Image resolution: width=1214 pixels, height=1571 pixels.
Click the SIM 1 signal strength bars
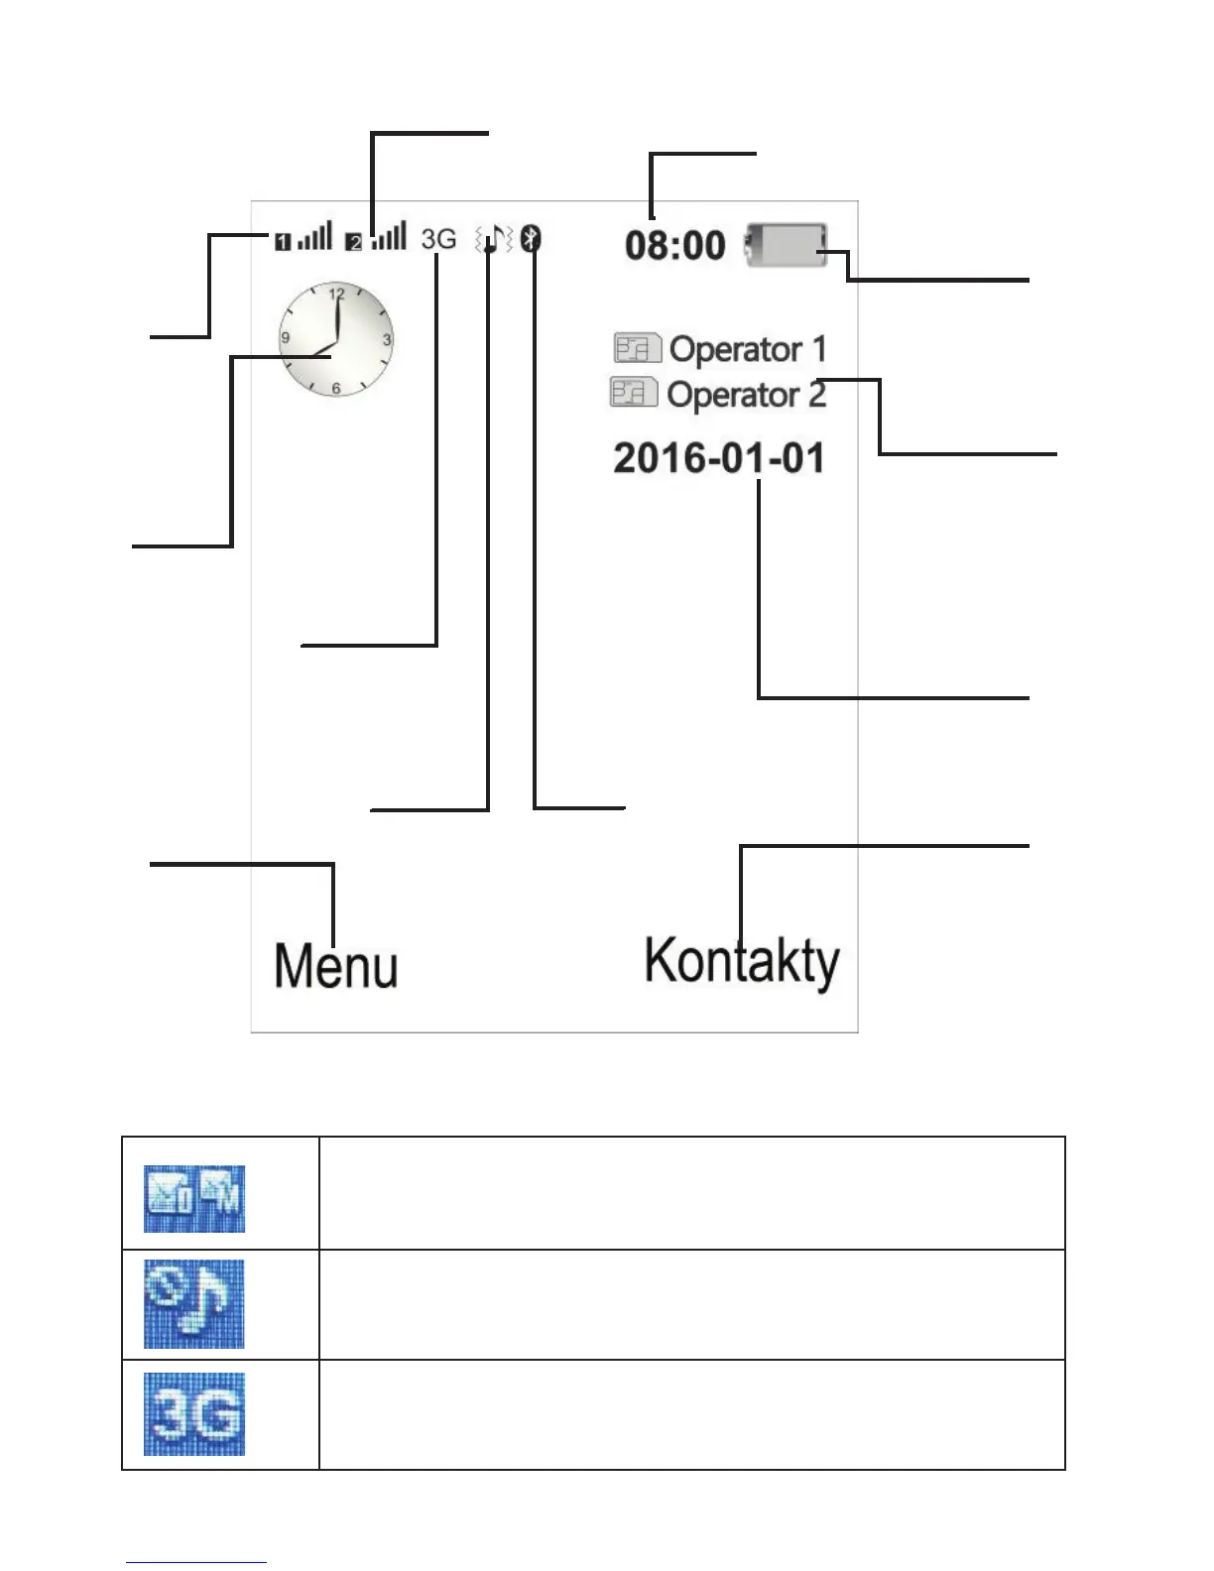pyautogui.click(x=314, y=238)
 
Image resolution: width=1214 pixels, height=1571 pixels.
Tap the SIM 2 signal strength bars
pyautogui.click(x=389, y=238)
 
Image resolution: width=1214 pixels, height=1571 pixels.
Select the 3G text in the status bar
pyautogui.click(x=438, y=239)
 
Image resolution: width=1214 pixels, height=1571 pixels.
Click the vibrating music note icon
pyautogui.click(x=493, y=239)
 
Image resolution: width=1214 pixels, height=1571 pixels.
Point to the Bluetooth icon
pyautogui.click(x=533, y=238)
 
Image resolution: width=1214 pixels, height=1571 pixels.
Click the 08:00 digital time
pyautogui.click(x=674, y=245)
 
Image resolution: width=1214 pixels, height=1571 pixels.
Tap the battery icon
pyautogui.click(x=787, y=245)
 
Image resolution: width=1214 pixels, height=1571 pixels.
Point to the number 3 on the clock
pyautogui.click(x=387, y=339)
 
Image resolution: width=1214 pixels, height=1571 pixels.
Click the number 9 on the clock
pyautogui.click(x=286, y=338)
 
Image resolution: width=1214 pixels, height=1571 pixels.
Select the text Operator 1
pyautogui.click(x=747, y=349)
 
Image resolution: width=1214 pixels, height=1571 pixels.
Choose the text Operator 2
pyautogui.click(x=746, y=395)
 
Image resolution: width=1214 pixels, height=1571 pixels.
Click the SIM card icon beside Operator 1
pyautogui.click(x=637, y=349)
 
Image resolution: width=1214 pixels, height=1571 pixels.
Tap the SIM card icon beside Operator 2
pyautogui.click(x=634, y=393)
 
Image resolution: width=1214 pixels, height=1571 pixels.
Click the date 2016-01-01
pyautogui.click(x=719, y=458)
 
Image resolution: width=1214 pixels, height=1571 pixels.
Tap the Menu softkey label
pyautogui.click(x=335, y=966)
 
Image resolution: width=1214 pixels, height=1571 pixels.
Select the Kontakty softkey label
pyautogui.click(x=742, y=962)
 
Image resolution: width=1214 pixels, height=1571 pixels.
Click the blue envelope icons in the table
pyautogui.click(x=194, y=1199)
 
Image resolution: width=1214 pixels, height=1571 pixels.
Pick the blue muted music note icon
pyautogui.click(x=194, y=1304)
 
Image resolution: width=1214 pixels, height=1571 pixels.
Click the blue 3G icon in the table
pyautogui.click(x=194, y=1414)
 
